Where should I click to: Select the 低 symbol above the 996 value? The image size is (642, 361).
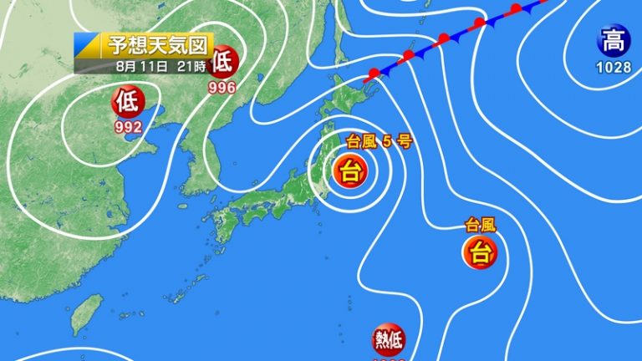[x=223, y=61]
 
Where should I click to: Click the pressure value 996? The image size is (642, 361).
[x=222, y=84]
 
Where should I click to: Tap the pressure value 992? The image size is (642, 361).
[x=128, y=127]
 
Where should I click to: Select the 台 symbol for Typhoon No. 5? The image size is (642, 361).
[x=350, y=173]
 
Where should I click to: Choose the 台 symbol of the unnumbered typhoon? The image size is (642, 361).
[x=481, y=252]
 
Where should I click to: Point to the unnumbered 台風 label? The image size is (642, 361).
[x=481, y=224]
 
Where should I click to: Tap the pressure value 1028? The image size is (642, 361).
[x=614, y=67]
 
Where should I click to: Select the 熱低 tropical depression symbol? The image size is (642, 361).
[x=388, y=340]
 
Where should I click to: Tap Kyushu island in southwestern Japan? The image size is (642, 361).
[x=224, y=226]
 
